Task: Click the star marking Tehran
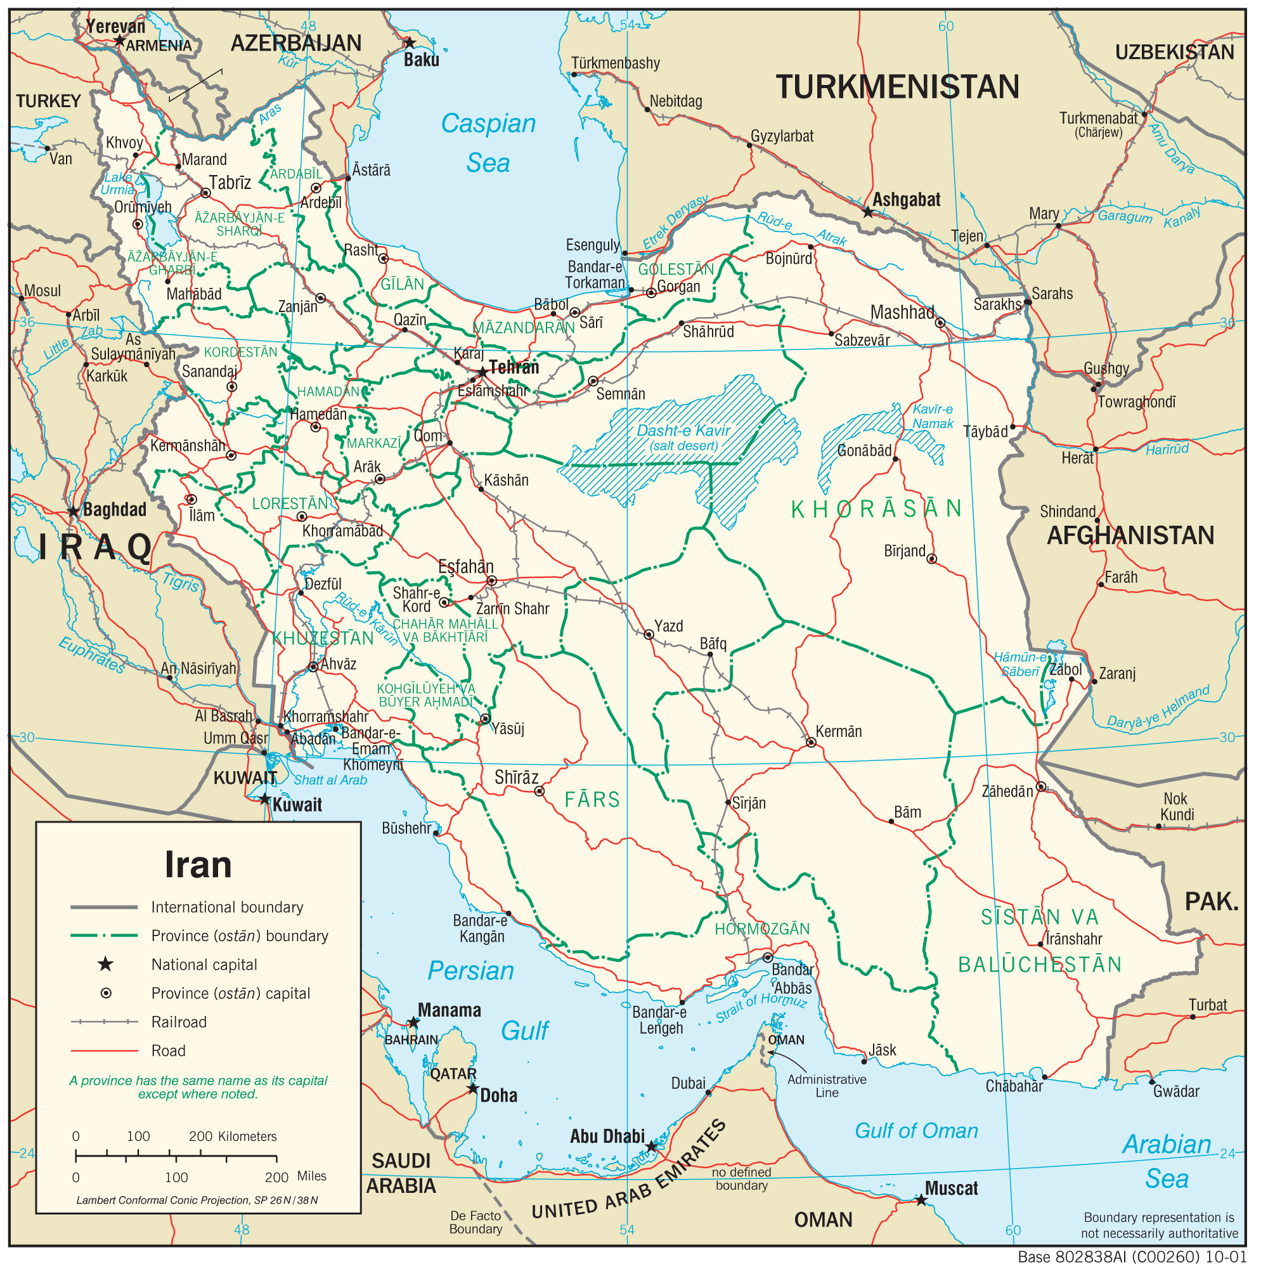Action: (x=482, y=372)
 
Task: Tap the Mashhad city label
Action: (x=902, y=313)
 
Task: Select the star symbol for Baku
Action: (x=409, y=43)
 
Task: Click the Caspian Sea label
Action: (x=488, y=143)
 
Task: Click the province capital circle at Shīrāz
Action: (x=539, y=791)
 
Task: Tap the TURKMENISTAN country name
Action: (x=897, y=88)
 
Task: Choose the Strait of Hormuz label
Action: (x=761, y=1007)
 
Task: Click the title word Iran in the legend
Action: (x=198, y=865)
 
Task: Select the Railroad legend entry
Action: (x=179, y=1022)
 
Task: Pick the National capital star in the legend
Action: (x=105, y=964)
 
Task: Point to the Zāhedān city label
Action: (x=1007, y=791)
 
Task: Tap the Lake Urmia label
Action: (x=118, y=183)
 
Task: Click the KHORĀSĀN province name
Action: (x=876, y=509)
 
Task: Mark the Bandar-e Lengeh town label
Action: (x=659, y=1020)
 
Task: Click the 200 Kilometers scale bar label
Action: (x=233, y=1137)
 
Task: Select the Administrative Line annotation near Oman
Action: (x=827, y=1086)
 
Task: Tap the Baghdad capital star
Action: (x=74, y=512)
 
